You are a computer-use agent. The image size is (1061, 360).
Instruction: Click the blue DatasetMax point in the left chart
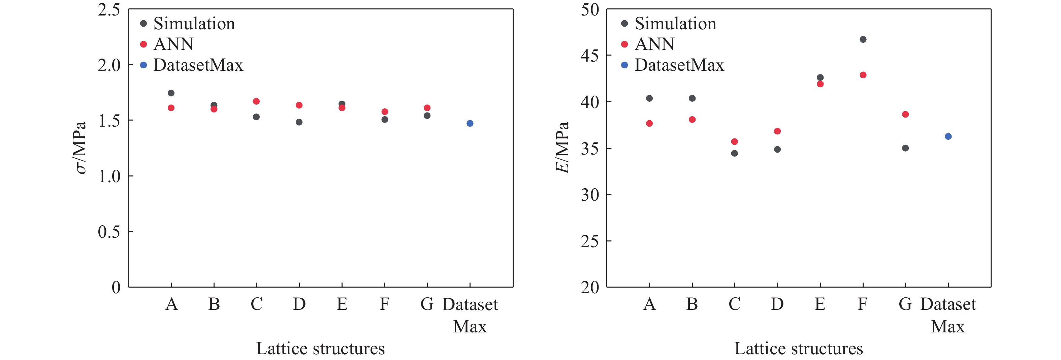pos(470,123)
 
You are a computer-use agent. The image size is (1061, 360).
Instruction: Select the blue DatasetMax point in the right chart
pos(948,136)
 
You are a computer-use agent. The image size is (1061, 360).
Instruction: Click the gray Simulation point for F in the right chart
pos(863,39)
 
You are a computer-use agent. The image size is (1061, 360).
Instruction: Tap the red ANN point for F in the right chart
pos(863,75)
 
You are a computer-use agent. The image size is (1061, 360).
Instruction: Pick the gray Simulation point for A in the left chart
pos(171,93)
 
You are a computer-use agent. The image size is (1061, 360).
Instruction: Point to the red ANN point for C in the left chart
pos(256,101)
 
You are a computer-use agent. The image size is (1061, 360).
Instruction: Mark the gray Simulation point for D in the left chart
pos(299,122)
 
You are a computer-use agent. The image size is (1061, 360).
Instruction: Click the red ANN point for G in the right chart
pos(905,114)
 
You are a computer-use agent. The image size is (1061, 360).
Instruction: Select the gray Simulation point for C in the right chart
pos(734,153)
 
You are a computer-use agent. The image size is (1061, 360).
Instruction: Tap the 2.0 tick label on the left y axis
pos(109,65)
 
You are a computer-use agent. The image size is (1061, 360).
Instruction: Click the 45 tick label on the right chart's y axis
pos(590,55)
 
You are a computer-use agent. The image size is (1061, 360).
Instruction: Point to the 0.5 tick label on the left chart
pos(109,232)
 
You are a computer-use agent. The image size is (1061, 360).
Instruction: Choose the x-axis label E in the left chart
pos(342,304)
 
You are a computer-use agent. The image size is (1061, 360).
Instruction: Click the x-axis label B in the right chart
pos(692,304)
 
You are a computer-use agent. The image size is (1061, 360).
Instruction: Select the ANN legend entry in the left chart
pos(173,44)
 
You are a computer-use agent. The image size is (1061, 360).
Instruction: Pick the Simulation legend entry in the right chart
pos(675,24)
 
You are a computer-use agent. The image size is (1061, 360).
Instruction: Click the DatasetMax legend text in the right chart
pos(679,65)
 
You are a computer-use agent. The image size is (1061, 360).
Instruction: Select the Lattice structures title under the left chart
pos(320,349)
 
